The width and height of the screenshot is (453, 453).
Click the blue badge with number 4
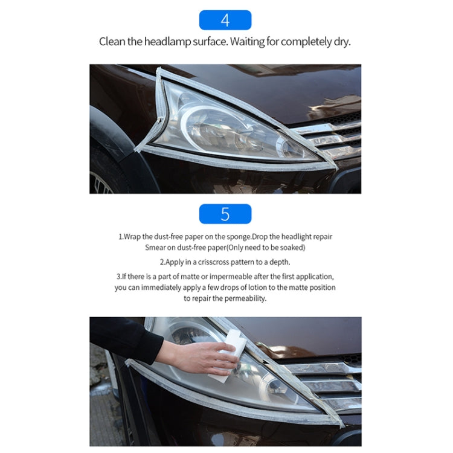pos(225,20)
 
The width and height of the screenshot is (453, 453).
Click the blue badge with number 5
pos(225,214)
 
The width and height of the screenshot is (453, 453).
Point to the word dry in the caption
pos(342,42)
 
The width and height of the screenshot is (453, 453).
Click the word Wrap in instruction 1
pos(132,237)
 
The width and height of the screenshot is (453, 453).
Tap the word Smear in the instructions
pos(156,248)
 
